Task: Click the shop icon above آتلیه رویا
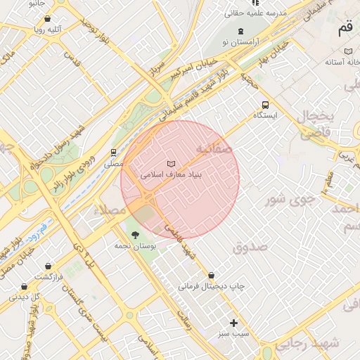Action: (x=47, y=19)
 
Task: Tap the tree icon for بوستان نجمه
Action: (x=134, y=235)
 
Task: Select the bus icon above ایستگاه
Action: (x=265, y=103)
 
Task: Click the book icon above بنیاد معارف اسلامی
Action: (x=171, y=163)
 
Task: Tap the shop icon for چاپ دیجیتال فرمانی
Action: (x=211, y=275)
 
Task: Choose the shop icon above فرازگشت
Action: (x=48, y=266)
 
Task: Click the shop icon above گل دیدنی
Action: (x=24, y=286)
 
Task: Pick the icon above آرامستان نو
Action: (x=241, y=31)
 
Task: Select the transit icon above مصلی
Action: (x=113, y=153)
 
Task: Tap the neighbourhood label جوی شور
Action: (x=286, y=199)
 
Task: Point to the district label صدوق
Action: (x=250, y=247)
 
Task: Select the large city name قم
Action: (x=345, y=28)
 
